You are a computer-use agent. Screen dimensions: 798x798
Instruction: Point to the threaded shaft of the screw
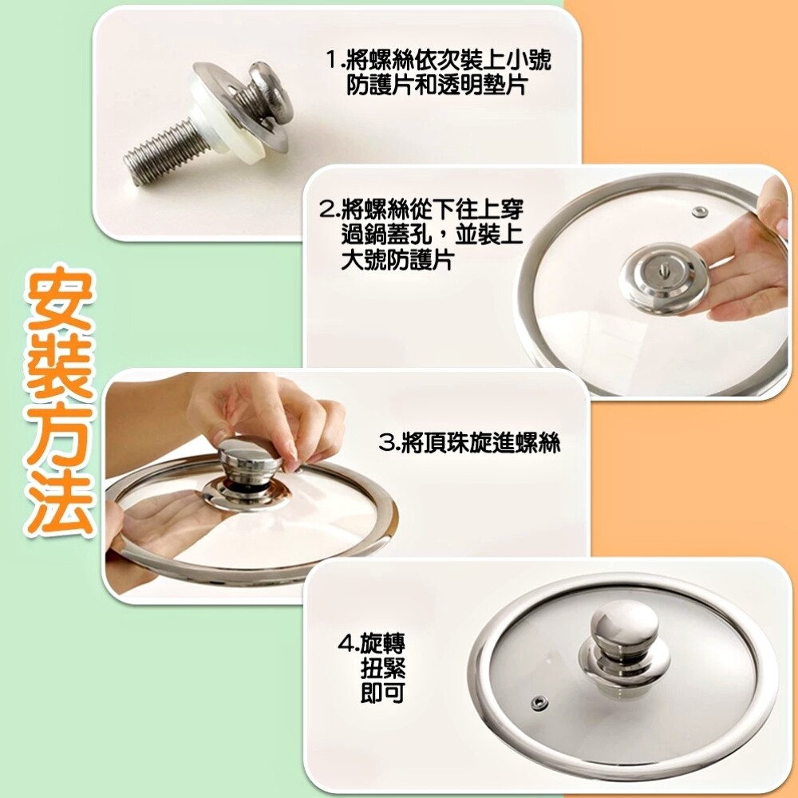coord(163,151)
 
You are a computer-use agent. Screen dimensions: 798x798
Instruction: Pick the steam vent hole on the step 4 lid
coord(537,703)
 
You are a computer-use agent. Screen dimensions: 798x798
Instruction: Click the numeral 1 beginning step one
coord(334,61)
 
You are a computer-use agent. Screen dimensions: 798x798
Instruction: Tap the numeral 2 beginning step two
coord(326,209)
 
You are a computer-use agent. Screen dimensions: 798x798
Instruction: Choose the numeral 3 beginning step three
coord(385,443)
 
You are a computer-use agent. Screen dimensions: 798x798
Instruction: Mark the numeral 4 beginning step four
coord(347,644)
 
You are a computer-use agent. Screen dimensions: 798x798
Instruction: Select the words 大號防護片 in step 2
coord(397,260)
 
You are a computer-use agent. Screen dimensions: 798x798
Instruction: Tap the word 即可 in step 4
coord(382,693)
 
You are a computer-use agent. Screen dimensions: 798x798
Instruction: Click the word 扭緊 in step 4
coord(382,669)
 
